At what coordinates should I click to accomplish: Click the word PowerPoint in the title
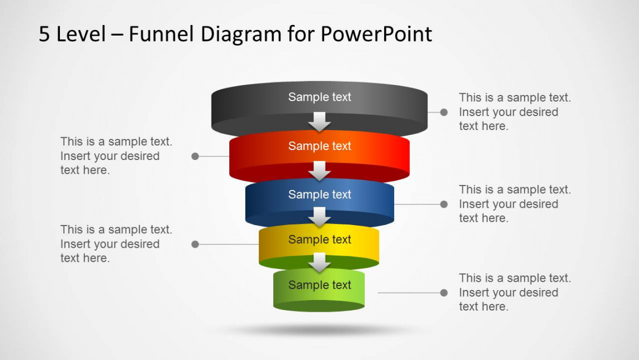click(376, 34)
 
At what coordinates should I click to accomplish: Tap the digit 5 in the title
click(44, 34)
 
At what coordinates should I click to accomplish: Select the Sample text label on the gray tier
click(319, 97)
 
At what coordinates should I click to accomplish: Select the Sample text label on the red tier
click(319, 146)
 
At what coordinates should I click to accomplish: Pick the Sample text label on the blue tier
click(319, 194)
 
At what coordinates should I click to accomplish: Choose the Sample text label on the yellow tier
click(319, 239)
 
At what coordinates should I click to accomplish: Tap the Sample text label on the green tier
click(319, 285)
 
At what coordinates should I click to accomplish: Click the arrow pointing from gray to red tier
click(319, 121)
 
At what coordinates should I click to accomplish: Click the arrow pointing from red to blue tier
click(319, 171)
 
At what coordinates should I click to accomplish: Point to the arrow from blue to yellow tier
click(319, 217)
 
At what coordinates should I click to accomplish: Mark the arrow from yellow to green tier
click(319, 262)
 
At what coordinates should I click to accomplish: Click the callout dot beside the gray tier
click(444, 112)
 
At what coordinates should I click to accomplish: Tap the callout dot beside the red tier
click(195, 157)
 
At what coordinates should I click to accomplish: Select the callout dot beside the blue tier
click(444, 204)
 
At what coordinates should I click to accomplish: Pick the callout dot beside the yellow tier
click(195, 244)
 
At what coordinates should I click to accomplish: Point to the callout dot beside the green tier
click(444, 293)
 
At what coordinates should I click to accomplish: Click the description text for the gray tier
click(514, 112)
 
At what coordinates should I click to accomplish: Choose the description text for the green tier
click(514, 292)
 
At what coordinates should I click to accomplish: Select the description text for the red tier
click(116, 156)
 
